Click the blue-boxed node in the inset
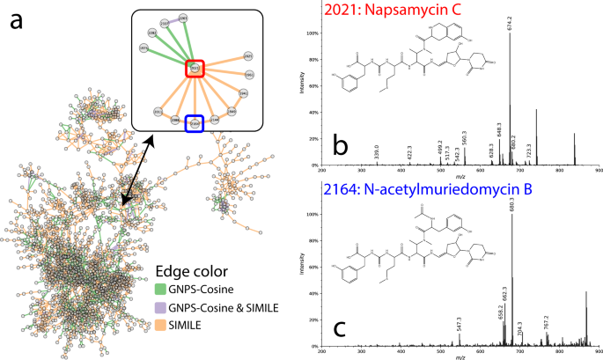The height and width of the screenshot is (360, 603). coord(195,124)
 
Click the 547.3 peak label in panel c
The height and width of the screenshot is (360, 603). coord(459,324)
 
